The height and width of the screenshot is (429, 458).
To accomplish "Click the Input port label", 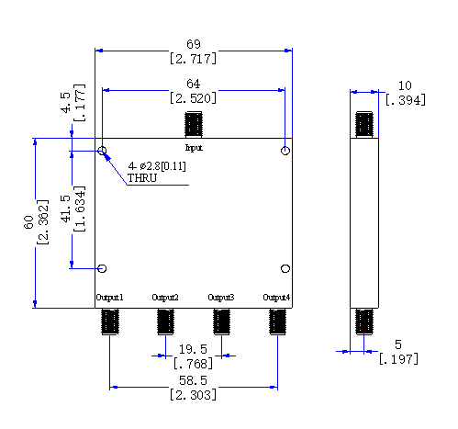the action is (x=194, y=148).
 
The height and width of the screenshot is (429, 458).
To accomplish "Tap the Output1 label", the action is (x=109, y=298).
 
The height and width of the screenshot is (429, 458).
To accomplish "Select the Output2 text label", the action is (x=165, y=298).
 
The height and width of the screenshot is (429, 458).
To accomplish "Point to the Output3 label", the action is (x=221, y=298).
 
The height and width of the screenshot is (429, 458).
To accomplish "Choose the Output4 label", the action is (x=276, y=298).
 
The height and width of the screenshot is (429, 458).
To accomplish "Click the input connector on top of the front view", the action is (x=194, y=125).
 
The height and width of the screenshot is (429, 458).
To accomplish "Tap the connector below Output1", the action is (x=110, y=322).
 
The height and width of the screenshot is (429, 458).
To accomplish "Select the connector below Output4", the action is (x=277, y=322).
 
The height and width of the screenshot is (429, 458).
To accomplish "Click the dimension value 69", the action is (x=194, y=44).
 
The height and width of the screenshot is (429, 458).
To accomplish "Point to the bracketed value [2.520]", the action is (x=193, y=98).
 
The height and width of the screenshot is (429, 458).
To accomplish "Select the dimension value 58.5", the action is (x=193, y=380).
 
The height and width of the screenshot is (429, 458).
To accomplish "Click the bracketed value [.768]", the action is (x=193, y=364).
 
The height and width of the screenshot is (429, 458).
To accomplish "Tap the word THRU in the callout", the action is (x=142, y=178).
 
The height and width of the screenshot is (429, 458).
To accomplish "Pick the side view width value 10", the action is (x=405, y=85).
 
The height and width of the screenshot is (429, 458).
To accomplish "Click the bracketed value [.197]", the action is (x=398, y=359).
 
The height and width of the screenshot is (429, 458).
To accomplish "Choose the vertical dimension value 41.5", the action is (x=66, y=209).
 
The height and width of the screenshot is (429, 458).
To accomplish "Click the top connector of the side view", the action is (x=364, y=125).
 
